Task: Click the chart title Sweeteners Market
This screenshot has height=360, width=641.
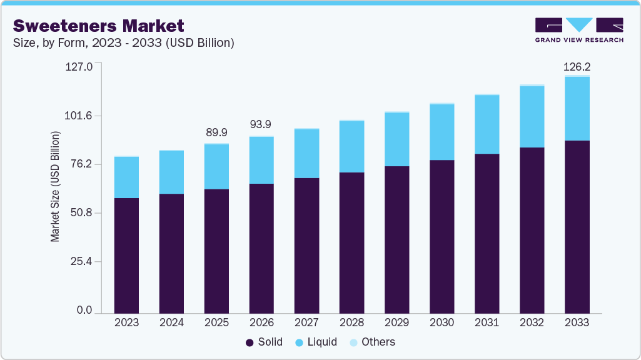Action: [99, 26]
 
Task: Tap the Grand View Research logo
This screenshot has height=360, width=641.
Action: [578, 29]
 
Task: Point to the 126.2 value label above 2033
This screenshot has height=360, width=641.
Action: [577, 66]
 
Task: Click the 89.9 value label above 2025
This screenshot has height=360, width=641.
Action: [216, 132]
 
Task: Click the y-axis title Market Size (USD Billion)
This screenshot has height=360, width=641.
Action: [56, 187]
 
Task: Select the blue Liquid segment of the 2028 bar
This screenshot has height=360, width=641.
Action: [351, 146]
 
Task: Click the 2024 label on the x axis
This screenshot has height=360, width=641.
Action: [171, 323]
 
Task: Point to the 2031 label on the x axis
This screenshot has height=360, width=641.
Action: [487, 323]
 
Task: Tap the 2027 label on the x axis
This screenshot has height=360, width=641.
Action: [306, 323]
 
